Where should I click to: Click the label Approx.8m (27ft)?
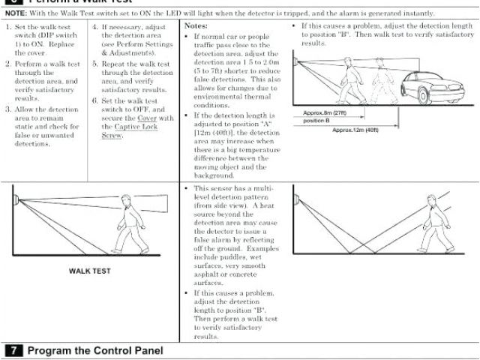pos(325,112)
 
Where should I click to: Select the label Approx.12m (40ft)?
pos(355,130)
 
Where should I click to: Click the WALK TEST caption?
pos(90,269)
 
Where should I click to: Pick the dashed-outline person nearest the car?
pos(375,80)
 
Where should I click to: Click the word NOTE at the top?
pos(16,13)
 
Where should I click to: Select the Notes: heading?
pos(196,25)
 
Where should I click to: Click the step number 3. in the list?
pos(8,109)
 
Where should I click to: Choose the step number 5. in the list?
pos(95,65)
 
